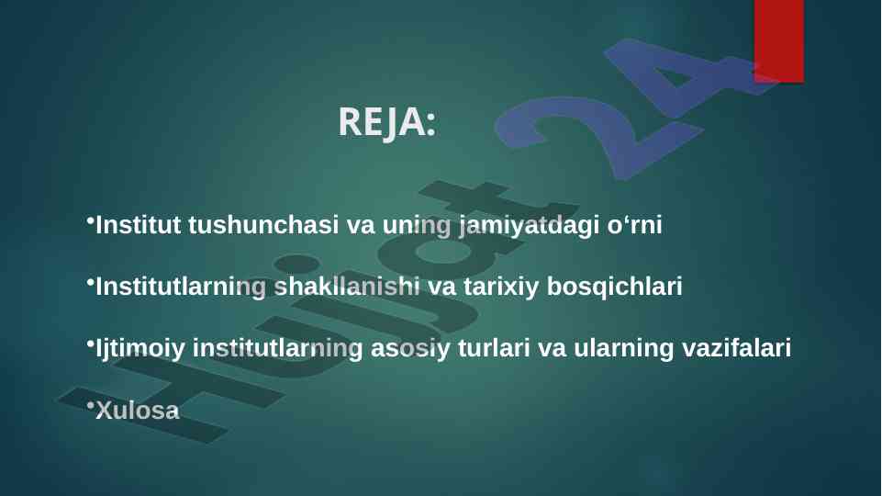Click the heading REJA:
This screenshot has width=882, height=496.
387,121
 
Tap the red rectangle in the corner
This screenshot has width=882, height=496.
779,41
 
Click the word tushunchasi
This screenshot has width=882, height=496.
263,225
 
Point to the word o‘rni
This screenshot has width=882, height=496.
634,225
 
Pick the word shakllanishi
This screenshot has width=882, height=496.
347,287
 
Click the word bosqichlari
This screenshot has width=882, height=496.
614,287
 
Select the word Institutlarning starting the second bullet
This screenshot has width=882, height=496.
181,287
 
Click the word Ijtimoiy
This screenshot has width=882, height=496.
140,348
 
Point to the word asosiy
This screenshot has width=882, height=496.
410,348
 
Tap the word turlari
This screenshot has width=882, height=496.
494,348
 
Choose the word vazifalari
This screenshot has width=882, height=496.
736,348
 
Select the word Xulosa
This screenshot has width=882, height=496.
138,411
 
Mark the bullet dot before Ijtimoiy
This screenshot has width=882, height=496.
91,343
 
